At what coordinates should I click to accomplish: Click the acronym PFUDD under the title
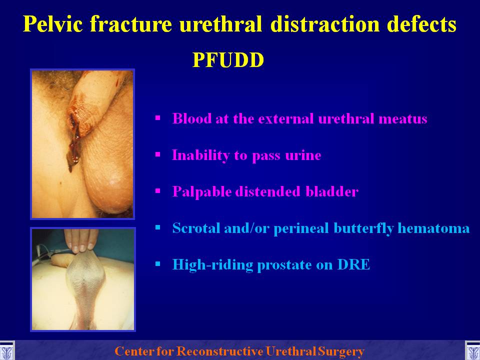[x=228, y=60]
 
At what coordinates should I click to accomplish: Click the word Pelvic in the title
[x=53, y=23]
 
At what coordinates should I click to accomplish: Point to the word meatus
[x=402, y=119]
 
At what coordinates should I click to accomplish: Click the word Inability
[x=200, y=155]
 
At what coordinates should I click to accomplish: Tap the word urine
[x=303, y=155]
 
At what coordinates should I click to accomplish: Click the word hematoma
[x=433, y=228]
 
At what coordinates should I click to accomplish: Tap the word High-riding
[x=213, y=265]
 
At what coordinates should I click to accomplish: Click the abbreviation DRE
[x=353, y=264]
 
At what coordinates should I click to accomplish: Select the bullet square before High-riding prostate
[x=158, y=264]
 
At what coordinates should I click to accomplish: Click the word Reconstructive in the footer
[x=220, y=351]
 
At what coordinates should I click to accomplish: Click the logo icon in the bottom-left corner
[x=7, y=350]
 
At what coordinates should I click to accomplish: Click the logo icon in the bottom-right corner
[x=472, y=350]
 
